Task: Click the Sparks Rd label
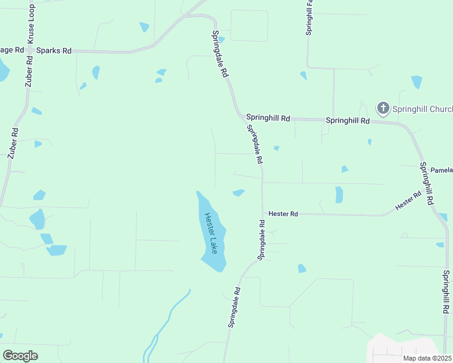[x=54, y=50]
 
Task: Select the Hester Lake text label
[x=210, y=233]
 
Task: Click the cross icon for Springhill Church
[x=383, y=108]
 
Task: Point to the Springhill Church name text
[x=422, y=109]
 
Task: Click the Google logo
[x=20, y=355]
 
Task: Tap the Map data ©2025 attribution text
[x=427, y=358]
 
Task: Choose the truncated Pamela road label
[x=441, y=171]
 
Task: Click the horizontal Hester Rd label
[x=283, y=214]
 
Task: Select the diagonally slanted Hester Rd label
[x=408, y=201]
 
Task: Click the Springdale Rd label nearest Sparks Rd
[x=220, y=54]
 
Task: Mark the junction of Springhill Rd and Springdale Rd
[x=240, y=116]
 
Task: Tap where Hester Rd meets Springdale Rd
[x=262, y=213]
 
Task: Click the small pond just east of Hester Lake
[x=239, y=193]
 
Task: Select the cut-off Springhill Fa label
[x=309, y=18]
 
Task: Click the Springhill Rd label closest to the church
[x=348, y=120]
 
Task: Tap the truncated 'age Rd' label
[x=12, y=50]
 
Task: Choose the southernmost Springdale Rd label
[x=235, y=307]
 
